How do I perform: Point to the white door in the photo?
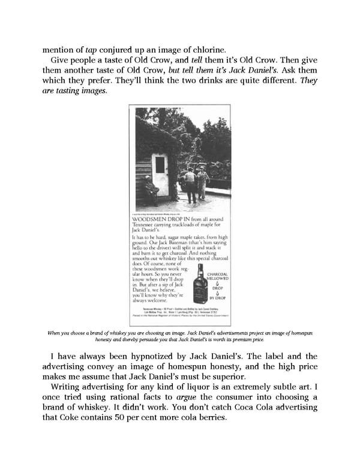pyautogui.click(x=161, y=174)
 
